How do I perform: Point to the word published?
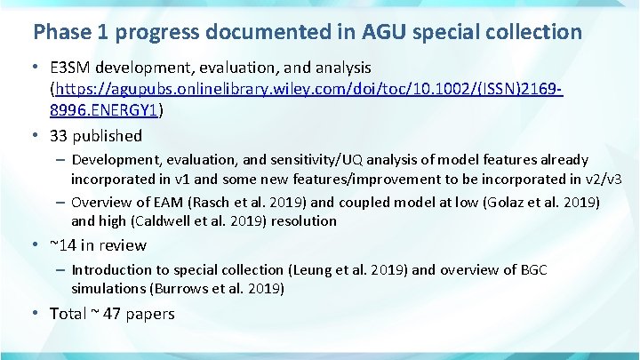(108, 136)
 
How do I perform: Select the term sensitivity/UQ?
(323, 160)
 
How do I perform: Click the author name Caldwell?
(164, 220)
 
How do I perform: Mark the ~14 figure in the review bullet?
(61, 245)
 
